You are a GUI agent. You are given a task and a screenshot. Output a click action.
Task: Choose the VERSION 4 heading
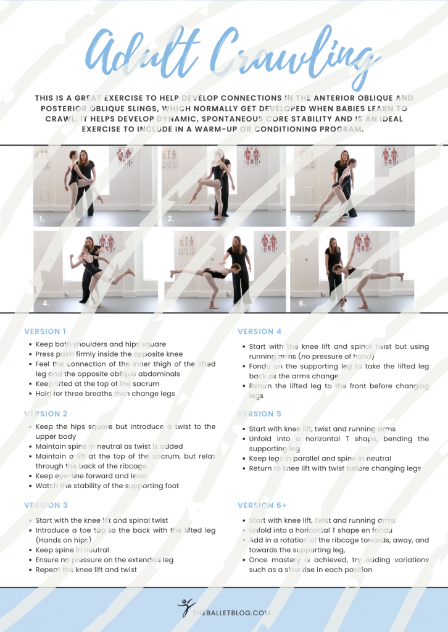(x=260, y=331)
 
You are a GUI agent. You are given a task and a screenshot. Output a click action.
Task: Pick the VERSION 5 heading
(x=260, y=414)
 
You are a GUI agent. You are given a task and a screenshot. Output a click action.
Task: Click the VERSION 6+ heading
(x=262, y=505)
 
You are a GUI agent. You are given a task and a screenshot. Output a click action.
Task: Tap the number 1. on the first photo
(x=42, y=218)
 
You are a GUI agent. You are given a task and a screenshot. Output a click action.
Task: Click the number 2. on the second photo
(x=171, y=218)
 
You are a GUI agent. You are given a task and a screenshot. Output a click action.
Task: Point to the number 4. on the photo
(x=46, y=304)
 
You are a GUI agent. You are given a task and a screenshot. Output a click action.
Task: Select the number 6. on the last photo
(x=302, y=304)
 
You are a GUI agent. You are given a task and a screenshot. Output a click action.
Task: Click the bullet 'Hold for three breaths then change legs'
(x=105, y=394)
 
